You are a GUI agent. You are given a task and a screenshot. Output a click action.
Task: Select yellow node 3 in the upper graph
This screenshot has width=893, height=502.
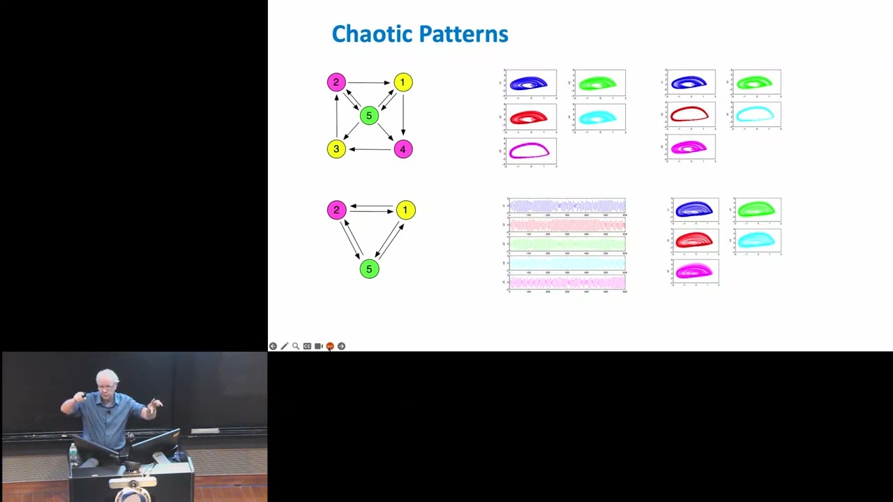[x=336, y=149]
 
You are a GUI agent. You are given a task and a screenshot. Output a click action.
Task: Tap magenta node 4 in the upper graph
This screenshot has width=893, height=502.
[x=403, y=149]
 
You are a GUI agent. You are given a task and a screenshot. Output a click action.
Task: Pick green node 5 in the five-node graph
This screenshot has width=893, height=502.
[x=369, y=116]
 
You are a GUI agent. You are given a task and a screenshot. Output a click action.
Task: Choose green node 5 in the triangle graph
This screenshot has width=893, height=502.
[x=369, y=268]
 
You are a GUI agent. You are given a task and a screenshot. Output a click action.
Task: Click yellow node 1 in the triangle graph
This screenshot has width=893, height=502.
[x=405, y=210]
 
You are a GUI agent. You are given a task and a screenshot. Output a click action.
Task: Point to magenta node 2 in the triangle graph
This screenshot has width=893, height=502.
[x=336, y=210]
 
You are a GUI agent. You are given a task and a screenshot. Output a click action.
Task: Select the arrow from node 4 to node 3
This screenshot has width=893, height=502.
[x=370, y=149]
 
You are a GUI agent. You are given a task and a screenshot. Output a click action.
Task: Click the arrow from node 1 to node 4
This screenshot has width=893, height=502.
[x=403, y=115]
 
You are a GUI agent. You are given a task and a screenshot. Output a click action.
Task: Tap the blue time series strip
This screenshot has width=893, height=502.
[x=567, y=206]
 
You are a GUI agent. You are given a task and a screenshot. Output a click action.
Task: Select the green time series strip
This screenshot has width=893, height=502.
[x=567, y=244]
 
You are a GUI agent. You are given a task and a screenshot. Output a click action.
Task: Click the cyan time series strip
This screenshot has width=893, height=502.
[x=567, y=263]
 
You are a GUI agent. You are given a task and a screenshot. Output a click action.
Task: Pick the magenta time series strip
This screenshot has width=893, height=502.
[x=567, y=282]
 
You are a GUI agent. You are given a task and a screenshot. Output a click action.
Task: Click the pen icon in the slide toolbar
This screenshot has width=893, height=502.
[x=284, y=346]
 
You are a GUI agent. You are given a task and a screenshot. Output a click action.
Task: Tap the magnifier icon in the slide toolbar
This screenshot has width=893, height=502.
[x=296, y=346]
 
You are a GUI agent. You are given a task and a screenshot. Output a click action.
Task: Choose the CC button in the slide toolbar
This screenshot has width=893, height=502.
[x=307, y=346]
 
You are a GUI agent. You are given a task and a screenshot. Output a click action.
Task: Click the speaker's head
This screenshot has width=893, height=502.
[x=109, y=381]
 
